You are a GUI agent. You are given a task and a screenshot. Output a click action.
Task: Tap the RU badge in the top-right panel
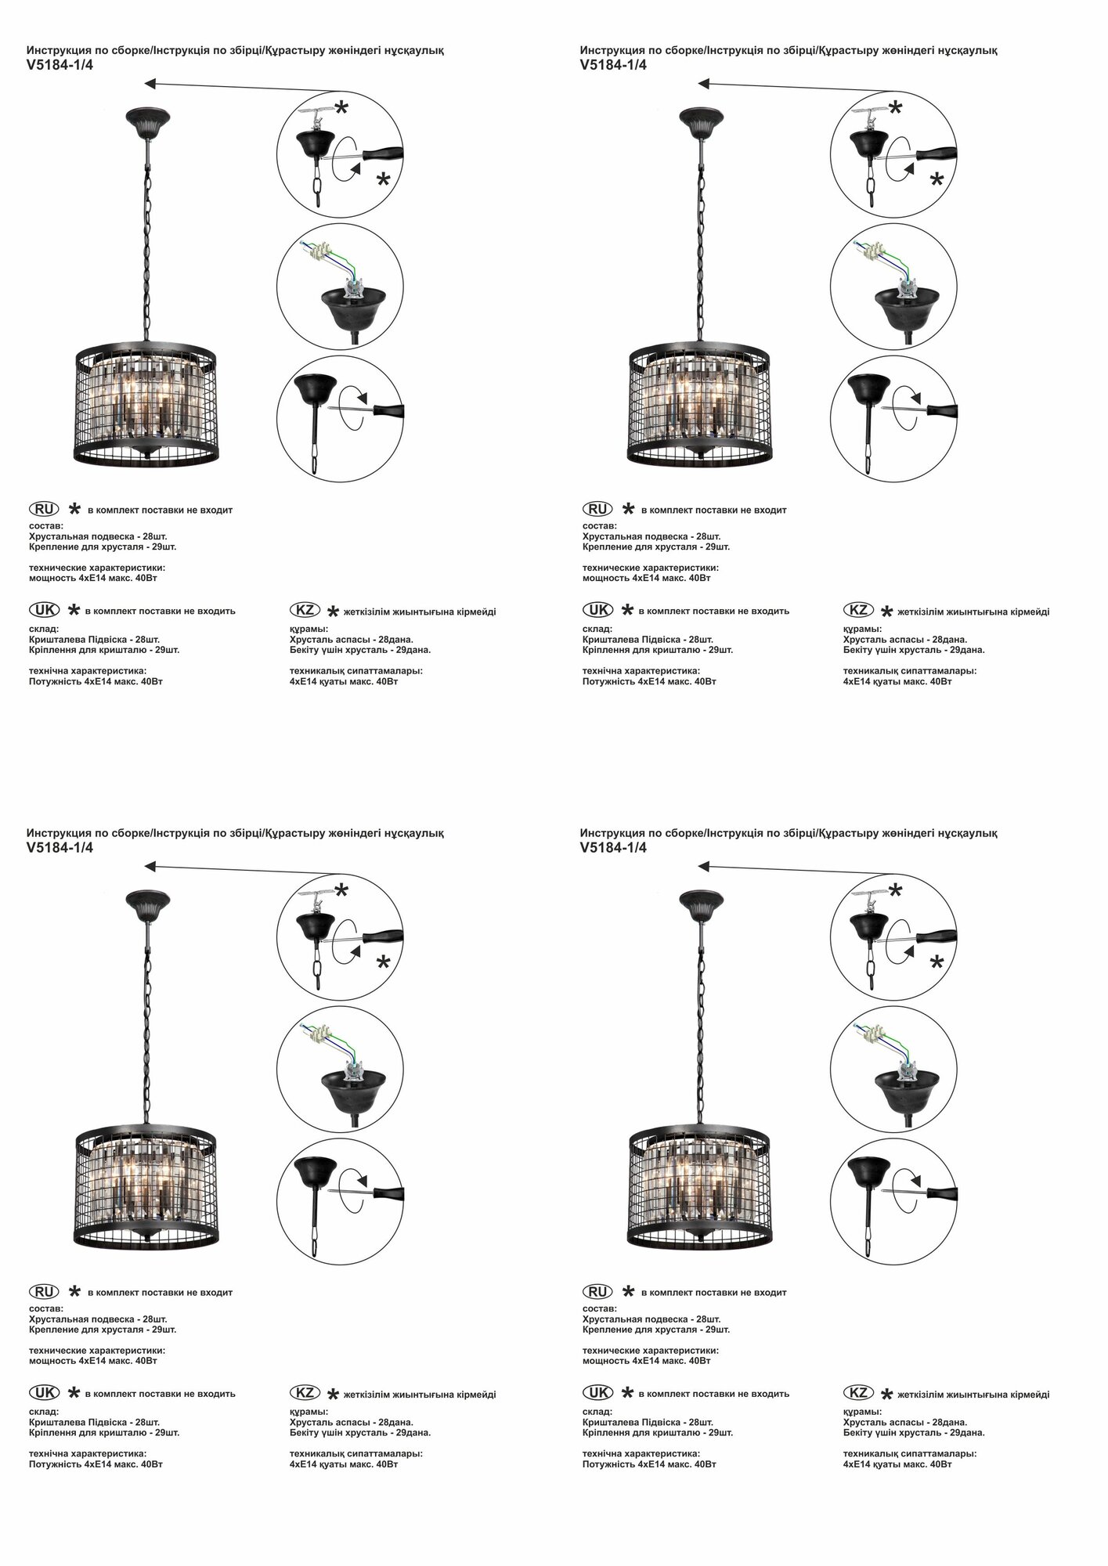[597, 509]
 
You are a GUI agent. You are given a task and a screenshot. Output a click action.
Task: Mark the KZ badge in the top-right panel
[858, 610]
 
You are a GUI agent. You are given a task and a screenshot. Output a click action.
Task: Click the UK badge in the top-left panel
[44, 609]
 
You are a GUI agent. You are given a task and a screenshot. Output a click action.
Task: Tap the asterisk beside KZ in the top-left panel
[333, 612]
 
